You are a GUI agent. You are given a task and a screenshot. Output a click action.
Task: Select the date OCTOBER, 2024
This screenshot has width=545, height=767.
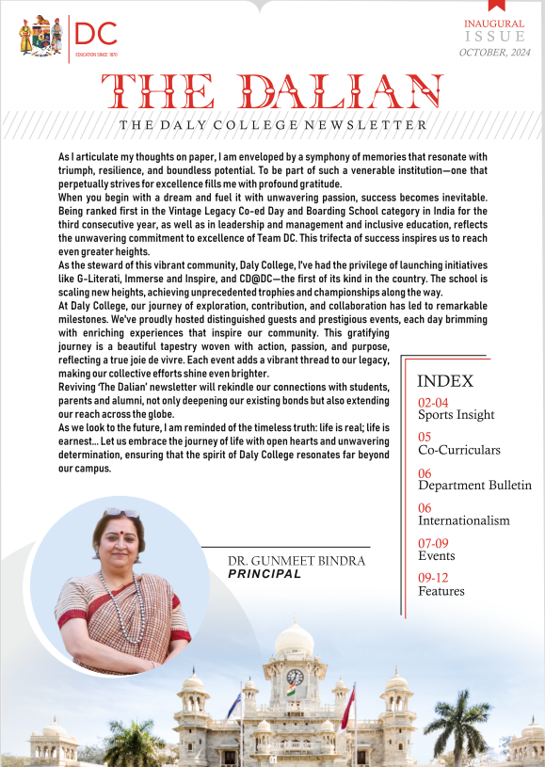click(x=495, y=53)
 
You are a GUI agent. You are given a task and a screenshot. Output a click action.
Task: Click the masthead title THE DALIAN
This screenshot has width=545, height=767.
click(x=272, y=92)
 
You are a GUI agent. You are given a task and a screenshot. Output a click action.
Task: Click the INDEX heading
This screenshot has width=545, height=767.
click(x=444, y=381)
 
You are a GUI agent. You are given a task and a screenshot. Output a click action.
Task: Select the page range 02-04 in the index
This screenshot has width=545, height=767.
click(x=433, y=403)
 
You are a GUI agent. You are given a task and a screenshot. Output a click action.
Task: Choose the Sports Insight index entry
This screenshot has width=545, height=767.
click(x=456, y=415)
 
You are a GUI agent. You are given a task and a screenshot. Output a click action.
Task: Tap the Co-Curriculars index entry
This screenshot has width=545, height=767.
click(x=458, y=450)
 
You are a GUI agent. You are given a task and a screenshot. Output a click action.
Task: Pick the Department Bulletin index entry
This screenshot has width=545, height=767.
click(x=474, y=486)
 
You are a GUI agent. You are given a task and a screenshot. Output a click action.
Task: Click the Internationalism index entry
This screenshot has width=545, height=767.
click(x=463, y=520)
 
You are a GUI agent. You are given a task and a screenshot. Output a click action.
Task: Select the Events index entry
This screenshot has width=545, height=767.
click(x=436, y=556)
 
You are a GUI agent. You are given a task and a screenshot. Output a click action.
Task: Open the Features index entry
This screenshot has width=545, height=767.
click(x=441, y=591)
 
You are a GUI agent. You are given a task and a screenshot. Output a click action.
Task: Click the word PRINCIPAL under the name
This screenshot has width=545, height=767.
click(x=264, y=573)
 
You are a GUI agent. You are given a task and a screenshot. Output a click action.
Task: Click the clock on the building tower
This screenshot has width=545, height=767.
click(x=295, y=677)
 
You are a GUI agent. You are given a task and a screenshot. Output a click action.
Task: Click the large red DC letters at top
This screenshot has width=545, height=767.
click(x=97, y=35)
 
